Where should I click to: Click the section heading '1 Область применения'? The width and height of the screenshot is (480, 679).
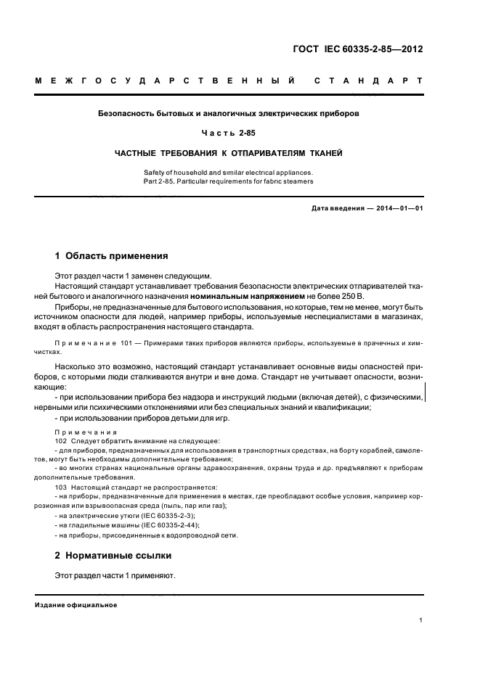pyautogui.click(x=112, y=256)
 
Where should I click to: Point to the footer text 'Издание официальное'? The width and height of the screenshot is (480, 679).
pyautogui.click(x=76, y=606)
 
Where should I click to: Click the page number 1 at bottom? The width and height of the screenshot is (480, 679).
pyautogui.click(x=421, y=620)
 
